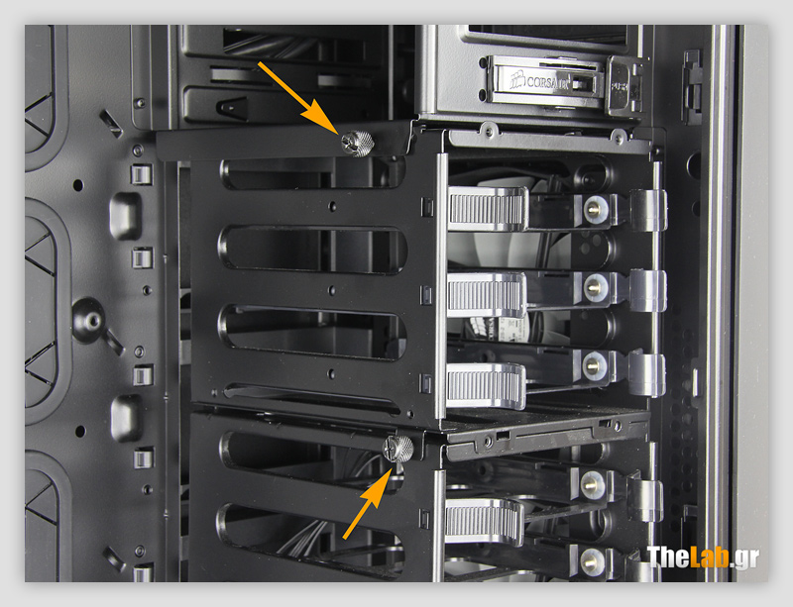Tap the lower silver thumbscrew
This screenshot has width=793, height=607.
point(398,448)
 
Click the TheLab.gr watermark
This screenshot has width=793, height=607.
point(703,556)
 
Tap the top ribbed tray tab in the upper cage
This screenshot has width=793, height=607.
point(487,209)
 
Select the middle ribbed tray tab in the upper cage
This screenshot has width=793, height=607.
point(487,295)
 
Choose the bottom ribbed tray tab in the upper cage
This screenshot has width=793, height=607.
point(487,385)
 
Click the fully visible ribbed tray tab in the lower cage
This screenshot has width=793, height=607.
point(485,521)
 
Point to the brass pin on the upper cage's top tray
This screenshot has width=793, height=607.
point(593,208)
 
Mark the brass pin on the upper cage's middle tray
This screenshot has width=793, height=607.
point(593,286)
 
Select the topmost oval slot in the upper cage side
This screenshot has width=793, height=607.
point(312,172)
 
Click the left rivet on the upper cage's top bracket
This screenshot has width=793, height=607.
point(488,127)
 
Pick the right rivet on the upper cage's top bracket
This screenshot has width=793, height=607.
point(618,134)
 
